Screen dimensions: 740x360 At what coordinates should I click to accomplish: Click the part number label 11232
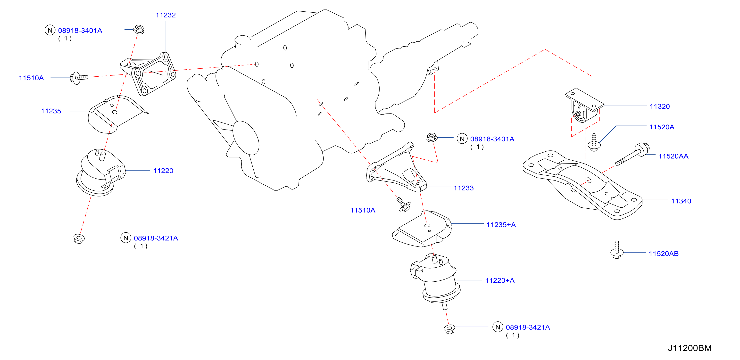(x=166, y=15)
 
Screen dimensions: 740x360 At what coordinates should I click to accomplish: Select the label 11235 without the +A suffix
(x=51, y=111)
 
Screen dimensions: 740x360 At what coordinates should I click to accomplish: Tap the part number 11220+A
(x=499, y=280)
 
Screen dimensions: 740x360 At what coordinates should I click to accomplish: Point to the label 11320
(x=660, y=106)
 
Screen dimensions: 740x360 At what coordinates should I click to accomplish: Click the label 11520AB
(x=664, y=254)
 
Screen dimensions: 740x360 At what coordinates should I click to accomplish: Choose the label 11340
(x=681, y=201)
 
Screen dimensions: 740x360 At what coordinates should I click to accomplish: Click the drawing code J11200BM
(x=690, y=348)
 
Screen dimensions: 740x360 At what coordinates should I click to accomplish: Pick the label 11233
(x=463, y=188)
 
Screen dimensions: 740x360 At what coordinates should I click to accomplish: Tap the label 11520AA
(x=673, y=156)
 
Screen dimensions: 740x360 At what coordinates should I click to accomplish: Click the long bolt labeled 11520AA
(x=632, y=155)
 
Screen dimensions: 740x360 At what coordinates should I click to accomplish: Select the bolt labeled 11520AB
(x=617, y=249)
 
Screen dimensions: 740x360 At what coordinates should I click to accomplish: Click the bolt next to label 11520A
(x=594, y=142)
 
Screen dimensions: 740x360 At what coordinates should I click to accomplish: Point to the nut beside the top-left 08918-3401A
(x=139, y=29)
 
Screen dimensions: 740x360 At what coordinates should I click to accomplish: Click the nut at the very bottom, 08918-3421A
(x=449, y=329)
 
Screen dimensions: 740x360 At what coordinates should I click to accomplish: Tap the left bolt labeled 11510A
(x=79, y=78)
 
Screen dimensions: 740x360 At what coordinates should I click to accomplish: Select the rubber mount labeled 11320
(x=584, y=105)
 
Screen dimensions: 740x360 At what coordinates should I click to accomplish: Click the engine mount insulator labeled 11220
(x=100, y=172)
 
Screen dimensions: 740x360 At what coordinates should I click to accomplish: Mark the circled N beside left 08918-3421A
(x=126, y=238)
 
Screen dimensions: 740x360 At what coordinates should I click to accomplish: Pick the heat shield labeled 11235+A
(x=422, y=229)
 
